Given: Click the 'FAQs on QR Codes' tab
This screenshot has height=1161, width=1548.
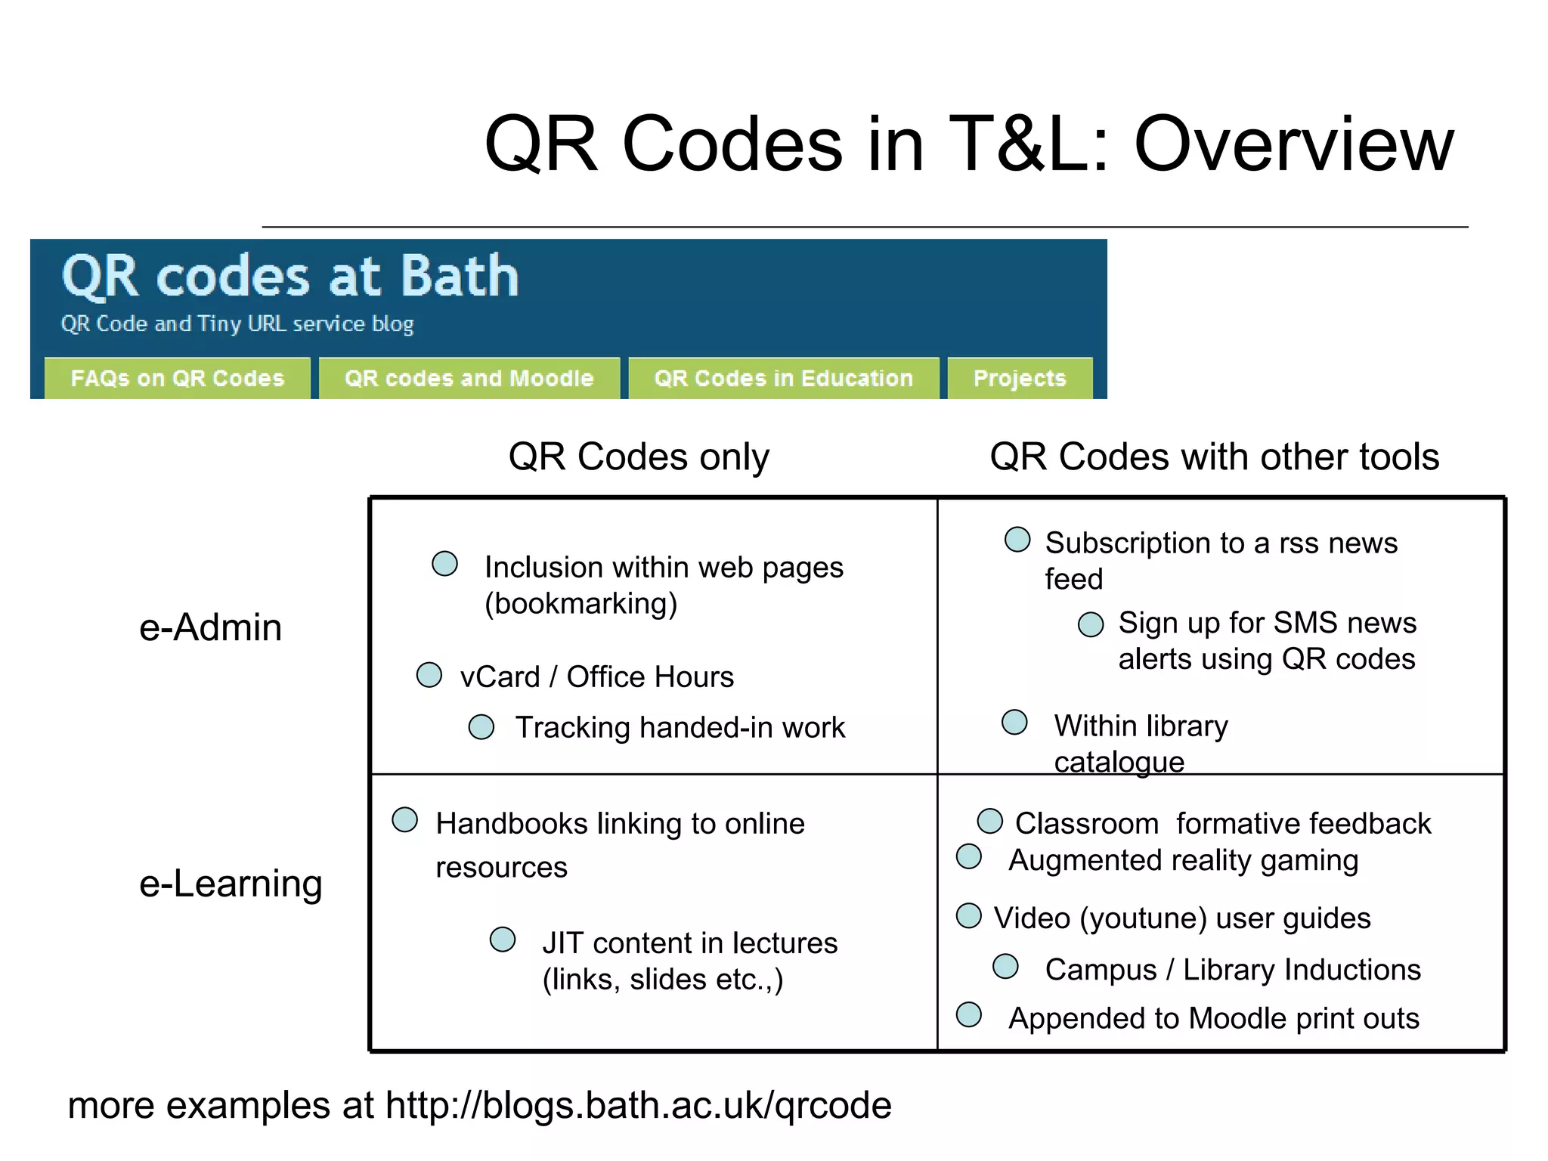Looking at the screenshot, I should pos(177,378).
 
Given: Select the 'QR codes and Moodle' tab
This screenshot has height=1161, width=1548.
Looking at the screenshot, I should pos(469,378).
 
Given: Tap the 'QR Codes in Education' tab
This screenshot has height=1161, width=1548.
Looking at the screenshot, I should pos(783,378).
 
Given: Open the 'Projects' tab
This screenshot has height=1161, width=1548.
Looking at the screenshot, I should pos(1019,378).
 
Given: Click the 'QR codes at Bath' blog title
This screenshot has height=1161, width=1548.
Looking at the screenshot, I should pos(290,277).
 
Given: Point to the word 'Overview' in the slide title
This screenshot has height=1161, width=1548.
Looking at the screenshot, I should pos(1293,144).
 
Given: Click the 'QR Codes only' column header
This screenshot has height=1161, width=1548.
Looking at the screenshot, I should pos(639,457).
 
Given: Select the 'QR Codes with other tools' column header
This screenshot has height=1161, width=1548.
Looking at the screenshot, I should pos(1214,457).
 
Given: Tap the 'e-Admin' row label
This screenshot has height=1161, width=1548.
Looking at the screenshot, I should pos(210,627).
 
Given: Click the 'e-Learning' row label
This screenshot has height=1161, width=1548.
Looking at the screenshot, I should pos(231,883).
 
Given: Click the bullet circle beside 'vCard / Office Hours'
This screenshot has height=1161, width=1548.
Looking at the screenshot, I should pos(429,675).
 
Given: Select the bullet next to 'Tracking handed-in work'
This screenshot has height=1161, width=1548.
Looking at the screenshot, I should pos(481,726).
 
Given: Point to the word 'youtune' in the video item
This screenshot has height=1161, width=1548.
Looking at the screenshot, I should pos(1143,918).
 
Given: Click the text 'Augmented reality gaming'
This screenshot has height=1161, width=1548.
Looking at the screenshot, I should pos(1183,860).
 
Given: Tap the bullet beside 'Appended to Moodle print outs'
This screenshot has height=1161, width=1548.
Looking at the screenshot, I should pos(969,1015).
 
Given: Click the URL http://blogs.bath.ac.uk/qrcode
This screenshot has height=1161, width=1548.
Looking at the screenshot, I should pos(639,1105).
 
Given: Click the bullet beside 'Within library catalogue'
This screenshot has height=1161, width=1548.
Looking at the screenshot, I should pos(1014,722).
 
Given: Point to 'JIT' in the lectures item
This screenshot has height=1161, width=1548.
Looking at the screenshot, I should pos(562,943).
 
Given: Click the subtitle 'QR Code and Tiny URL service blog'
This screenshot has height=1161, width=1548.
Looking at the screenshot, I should pos(237,324).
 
